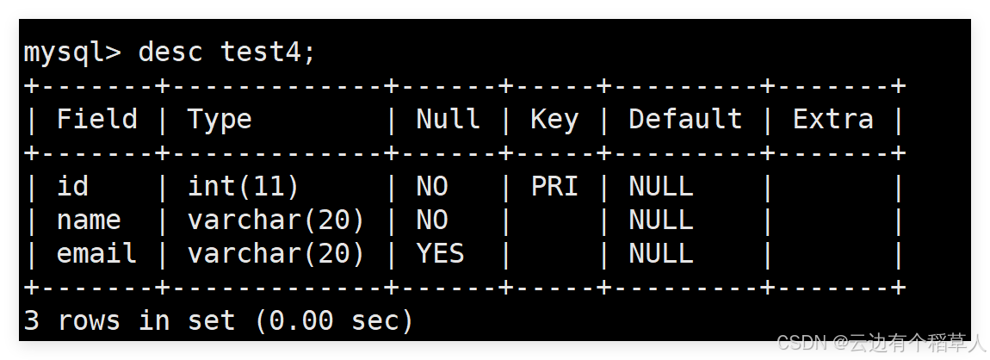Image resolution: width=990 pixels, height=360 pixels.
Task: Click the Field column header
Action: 96,119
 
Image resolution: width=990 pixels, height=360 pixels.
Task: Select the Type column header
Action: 220,119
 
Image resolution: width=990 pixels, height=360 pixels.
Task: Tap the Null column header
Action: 448,119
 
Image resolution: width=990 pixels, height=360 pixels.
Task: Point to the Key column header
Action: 554,119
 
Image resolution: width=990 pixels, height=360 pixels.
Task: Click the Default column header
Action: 685,119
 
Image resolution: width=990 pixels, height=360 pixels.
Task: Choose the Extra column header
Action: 832,119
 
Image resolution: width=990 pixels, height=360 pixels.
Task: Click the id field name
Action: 72,186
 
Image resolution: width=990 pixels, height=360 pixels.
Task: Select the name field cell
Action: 89,220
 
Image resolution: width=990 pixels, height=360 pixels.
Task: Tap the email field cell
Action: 96,253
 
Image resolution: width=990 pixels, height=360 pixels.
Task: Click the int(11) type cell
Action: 243,186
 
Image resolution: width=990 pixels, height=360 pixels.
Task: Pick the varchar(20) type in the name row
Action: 276,220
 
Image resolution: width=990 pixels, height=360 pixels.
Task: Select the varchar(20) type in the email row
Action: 276,253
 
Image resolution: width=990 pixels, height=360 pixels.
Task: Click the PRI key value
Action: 554,186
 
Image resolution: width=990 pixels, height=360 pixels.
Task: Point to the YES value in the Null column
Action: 440,253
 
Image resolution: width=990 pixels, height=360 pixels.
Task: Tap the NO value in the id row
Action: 432,186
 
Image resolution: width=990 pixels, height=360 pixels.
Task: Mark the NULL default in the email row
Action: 661,253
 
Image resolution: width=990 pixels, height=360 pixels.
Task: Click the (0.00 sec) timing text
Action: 334,321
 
